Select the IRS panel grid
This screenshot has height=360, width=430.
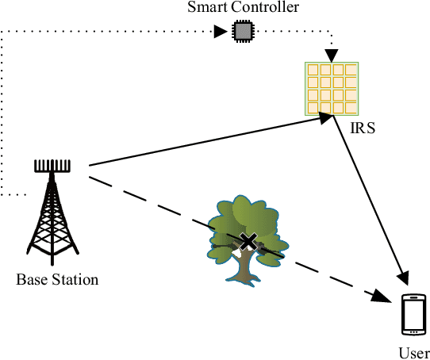pos(332,88)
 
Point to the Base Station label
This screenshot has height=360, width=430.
pos(57,279)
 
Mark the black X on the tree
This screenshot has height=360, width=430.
pos(248,243)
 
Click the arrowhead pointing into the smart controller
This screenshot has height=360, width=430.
pos(222,33)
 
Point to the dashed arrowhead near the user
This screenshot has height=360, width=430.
pos(384,297)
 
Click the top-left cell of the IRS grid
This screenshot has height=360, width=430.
pos(313,70)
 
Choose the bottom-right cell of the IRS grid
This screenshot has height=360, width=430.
pos(351,106)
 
